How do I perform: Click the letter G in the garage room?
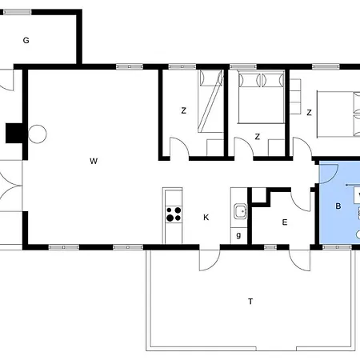tap(26, 40)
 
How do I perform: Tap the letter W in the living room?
tap(94, 161)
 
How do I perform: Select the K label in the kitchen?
tap(206, 218)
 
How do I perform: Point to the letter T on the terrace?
tap(250, 302)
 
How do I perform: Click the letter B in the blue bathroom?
tap(338, 206)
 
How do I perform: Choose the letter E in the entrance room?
tap(285, 222)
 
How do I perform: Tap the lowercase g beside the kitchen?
tap(238, 235)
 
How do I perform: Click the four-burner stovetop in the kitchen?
tap(174, 214)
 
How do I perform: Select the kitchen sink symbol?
tap(241, 211)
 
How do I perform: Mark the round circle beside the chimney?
tap(38, 134)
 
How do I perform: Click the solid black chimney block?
tap(14, 133)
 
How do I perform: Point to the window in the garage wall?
tap(18, 12)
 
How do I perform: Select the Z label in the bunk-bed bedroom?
tap(183, 110)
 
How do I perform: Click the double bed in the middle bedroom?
tap(261, 98)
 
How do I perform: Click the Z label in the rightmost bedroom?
tap(309, 112)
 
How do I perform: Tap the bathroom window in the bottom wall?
tap(337, 247)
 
